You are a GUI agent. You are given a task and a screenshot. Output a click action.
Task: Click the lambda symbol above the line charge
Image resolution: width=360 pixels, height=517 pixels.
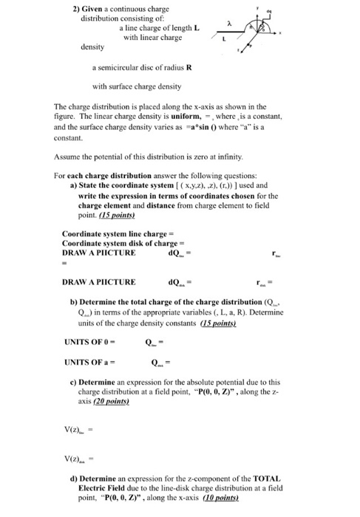tap(231, 25)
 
